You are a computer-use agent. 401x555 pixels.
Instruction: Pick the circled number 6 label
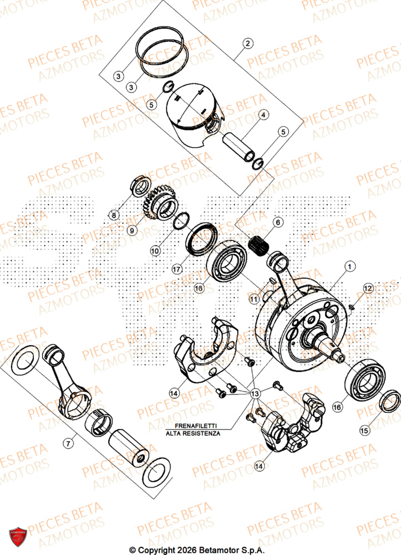[x=277, y=223]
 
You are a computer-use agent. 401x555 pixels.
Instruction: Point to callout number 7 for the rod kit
[x=68, y=443]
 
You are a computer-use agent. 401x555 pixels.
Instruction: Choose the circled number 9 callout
[x=132, y=230]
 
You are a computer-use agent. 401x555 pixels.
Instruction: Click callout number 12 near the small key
[x=367, y=287]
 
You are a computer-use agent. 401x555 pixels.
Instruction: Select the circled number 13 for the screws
[x=255, y=393]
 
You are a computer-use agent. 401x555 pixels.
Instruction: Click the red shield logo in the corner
[x=16, y=537]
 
